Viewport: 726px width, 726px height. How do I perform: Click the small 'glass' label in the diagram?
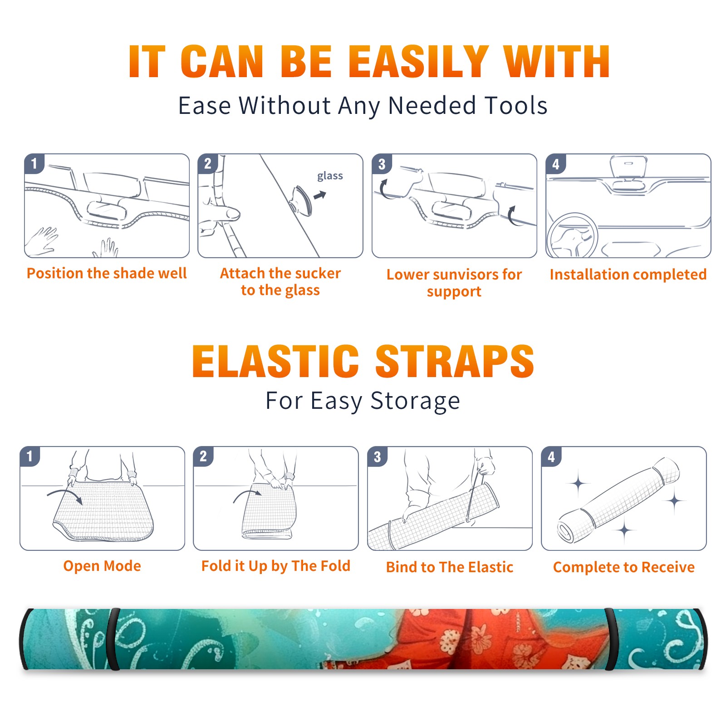click(x=330, y=176)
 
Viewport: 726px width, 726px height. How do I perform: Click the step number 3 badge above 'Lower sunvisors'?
click(x=382, y=164)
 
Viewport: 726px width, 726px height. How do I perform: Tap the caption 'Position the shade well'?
click(x=107, y=273)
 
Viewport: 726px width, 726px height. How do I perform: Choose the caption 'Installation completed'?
click(x=628, y=275)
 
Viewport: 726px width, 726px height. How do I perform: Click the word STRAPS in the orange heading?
click(x=455, y=361)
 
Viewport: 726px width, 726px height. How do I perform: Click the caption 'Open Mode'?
click(x=102, y=566)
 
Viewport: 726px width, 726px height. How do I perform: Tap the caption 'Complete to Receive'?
click(x=624, y=567)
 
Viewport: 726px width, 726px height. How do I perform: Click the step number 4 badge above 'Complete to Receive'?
click(x=551, y=456)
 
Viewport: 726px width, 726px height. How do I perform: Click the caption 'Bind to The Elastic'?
click(x=450, y=567)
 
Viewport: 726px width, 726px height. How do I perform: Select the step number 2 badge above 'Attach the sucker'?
click(x=208, y=164)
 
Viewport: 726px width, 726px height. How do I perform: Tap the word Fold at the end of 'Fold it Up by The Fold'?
click(x=335, y=565)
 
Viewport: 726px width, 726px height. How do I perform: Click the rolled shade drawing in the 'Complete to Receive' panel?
click(x=618, y=500)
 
